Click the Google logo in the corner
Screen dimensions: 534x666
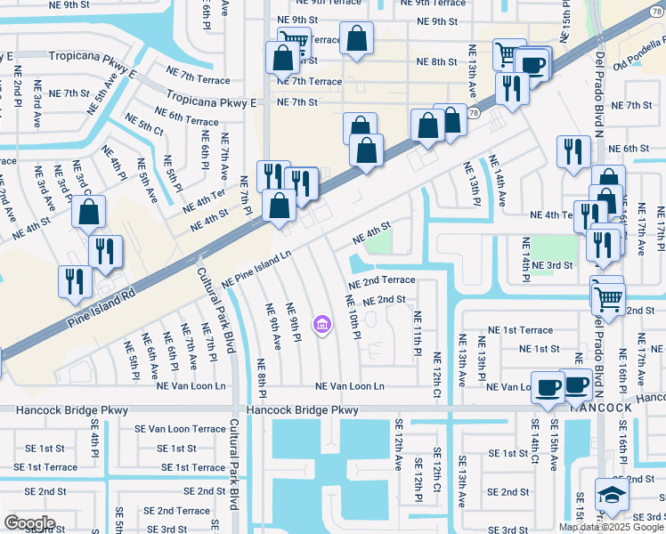(x=29, y=523)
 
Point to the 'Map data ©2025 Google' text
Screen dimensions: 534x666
(x=611, y=526)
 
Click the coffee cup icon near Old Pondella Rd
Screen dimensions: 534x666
(x=533, y=65)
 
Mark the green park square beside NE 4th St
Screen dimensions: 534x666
(x=380, y=241)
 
